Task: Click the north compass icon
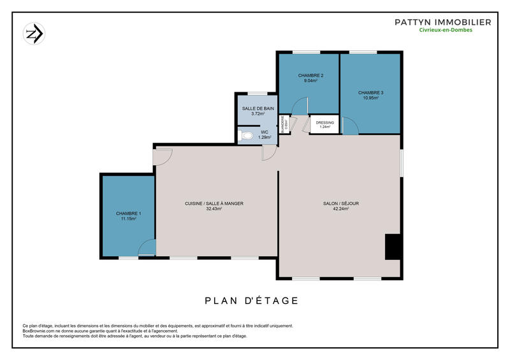pyautogui.click(x=34, y=34)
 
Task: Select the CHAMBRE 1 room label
pyautogui.click(x=129, y=213)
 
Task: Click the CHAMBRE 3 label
pyautogui.click(x=370, y=92)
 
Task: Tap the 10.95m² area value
pyautogui.click(x=370, y=98)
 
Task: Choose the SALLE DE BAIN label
pyautogui.click(x=258, y=108)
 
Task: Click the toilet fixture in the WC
pyautogui.click(x=246, y=135)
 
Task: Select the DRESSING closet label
pyautogui.click(x=325, y=122)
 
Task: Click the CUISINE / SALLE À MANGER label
pyautogui.click(x=214, y=203)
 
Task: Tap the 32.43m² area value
pyautogui.click(x=214, y=209)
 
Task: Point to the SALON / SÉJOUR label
pyautogui.click(x=340, y=203)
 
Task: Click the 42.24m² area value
pyautogui.click(x=340, y=209)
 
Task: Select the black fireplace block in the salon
pyautogui.click(x=393, y=247)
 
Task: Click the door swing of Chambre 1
pyautogui.click(x=147, y=248)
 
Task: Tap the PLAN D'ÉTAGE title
pyautogui.click(x=251, y=301)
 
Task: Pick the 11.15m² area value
pyautogui.click(x=129, y=219)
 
